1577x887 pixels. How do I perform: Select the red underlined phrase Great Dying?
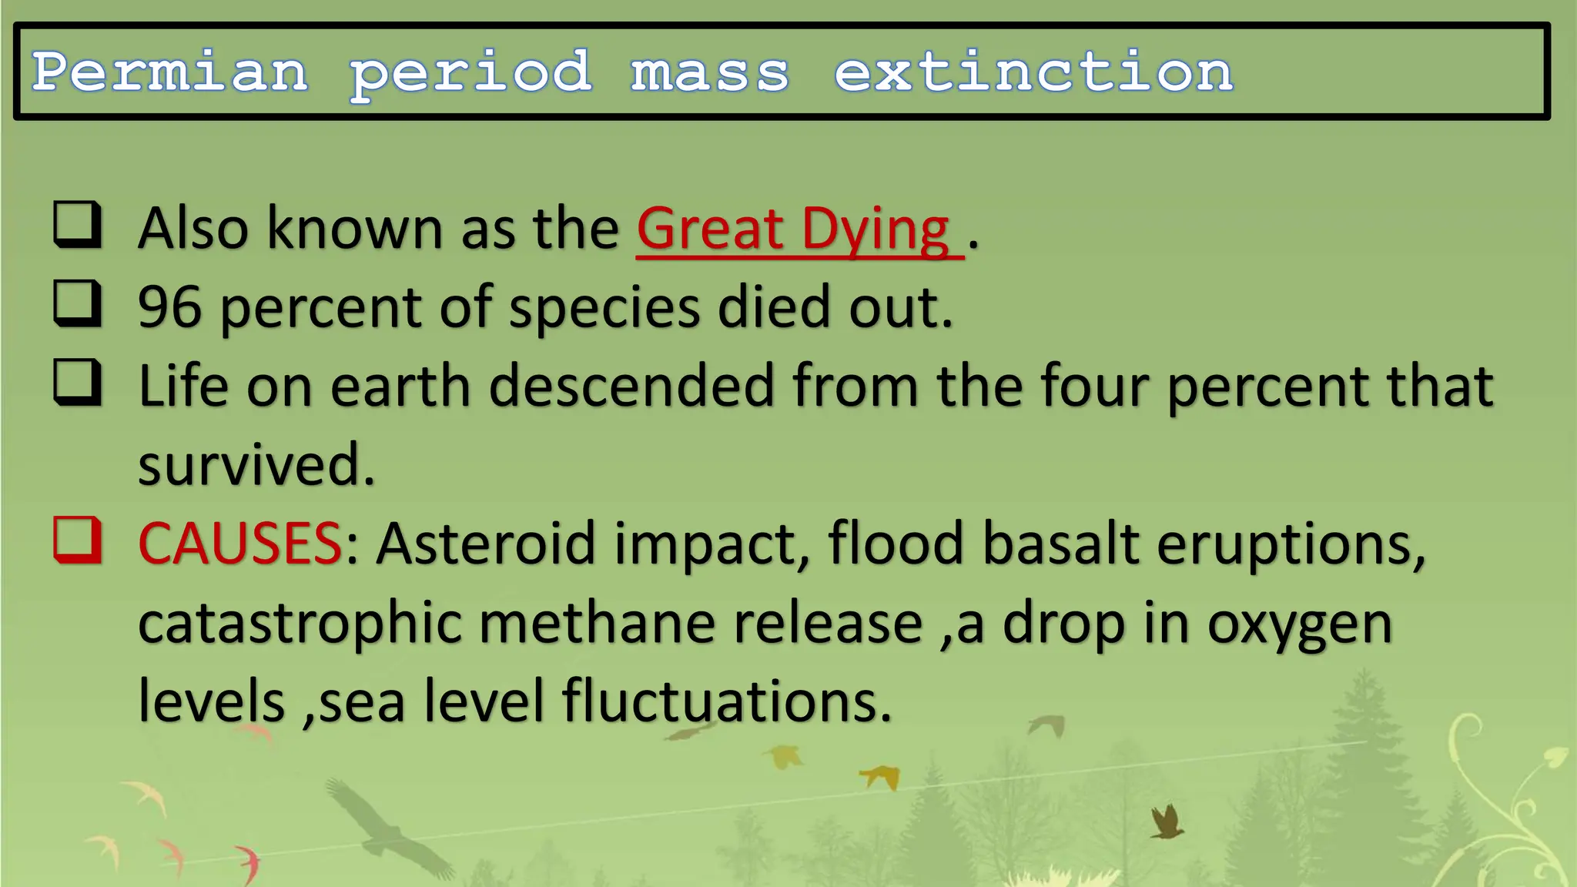793,229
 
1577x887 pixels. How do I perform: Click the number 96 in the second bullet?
170,307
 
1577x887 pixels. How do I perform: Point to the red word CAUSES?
239,544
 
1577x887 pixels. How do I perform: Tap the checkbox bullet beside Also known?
77,224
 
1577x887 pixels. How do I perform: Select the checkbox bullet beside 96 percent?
77,303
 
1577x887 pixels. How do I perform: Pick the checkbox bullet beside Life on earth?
77,382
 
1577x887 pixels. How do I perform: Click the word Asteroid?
485,544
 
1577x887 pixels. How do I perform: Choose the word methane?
597,623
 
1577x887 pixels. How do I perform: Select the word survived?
256,465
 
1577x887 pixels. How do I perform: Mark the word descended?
631,386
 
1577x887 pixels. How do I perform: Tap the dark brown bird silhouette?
1166,822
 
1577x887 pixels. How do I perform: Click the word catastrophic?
300,623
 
